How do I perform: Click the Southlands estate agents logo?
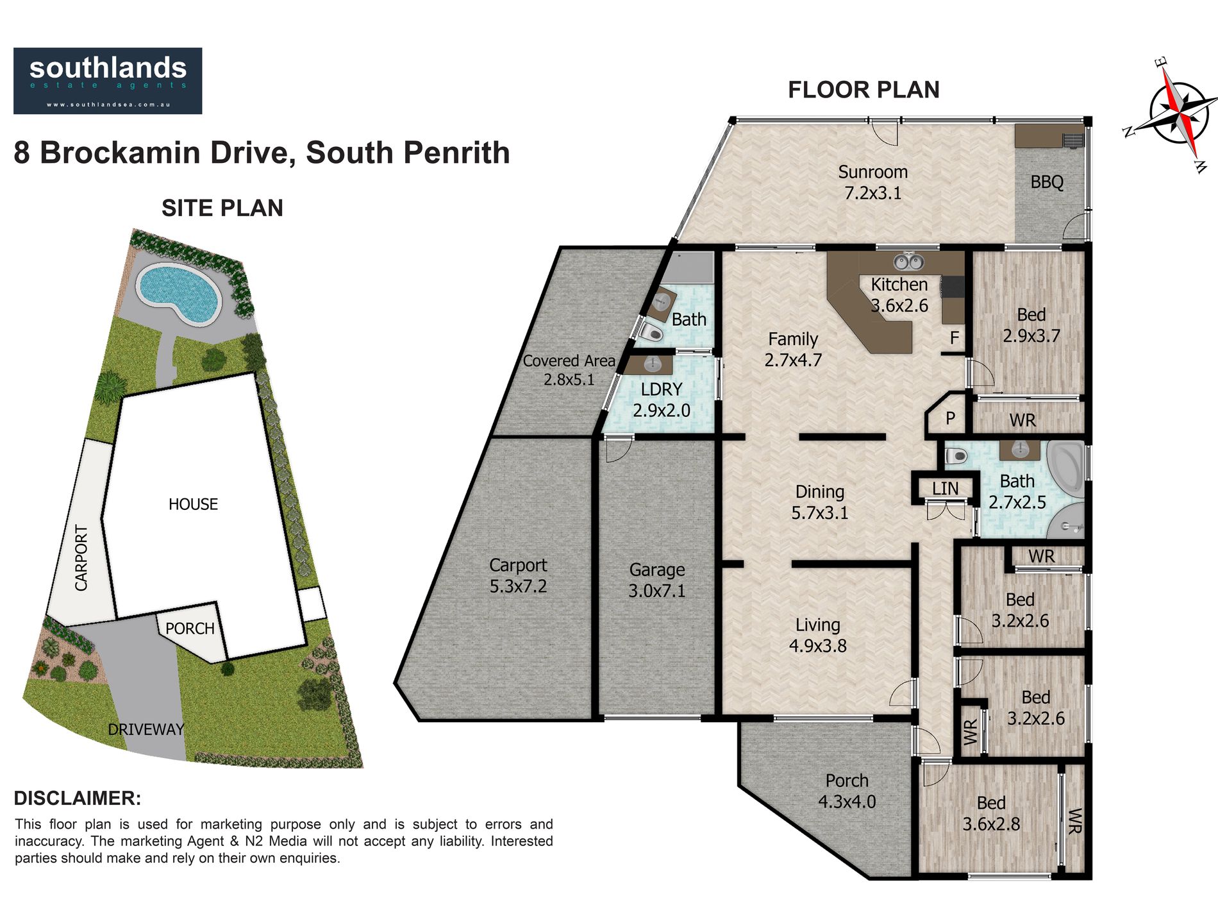pyautogui.click(x=108, y=81)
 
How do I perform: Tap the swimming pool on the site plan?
pyautogui.click(x=179, y=293)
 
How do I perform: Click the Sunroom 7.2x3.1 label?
pyautogui.click(x=873, y=182)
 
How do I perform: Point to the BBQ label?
pyautogui.click(x=1047, y=182)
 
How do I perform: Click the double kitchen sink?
pyautogui.click(x=908, y=261)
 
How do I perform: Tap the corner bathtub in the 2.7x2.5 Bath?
pyautogui.click(x=1065, y=468)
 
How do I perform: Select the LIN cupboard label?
pyautogui.click(x=946, y=489)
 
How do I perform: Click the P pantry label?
pyautogui.click(x=951, y=419)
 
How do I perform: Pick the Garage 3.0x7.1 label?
pyautogui.click(x=657, y=580)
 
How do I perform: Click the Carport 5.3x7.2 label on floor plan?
pyautogui.click(x=518, y=575)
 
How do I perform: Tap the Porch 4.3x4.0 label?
pyautogui.click(x=847, y=791)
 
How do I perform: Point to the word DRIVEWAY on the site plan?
pyautogui.click(x=146, y=729)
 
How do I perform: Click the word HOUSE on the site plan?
pyautogui.click(x=193, y=504)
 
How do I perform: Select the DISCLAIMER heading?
pyautogui.click(x=78, y=799)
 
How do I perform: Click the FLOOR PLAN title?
pyautogui.click(x=863, y=90)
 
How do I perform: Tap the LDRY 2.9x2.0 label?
pyautogui.click(x=662, y=400)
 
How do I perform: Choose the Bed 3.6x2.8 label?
pyautogui.click(x=991, y=813)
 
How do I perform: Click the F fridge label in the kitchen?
pyautogui.click(x=955, y=337)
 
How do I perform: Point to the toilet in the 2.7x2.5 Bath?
pyautogui.click(x=955, y=456)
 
